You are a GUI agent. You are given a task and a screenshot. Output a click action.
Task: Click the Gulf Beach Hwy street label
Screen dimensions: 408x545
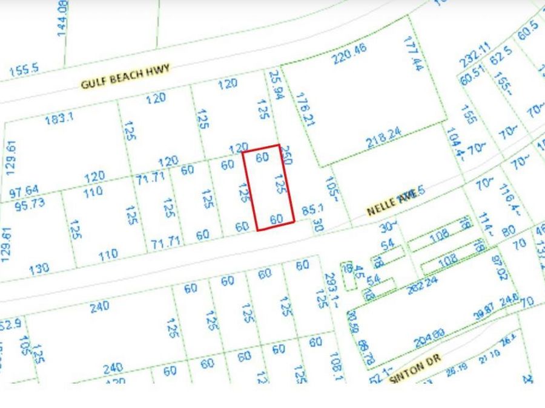pos(125,76)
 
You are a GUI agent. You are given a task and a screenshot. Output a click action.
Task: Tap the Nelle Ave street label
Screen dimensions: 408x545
pos(392,203)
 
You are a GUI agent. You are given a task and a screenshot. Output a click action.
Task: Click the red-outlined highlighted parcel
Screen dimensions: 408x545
pos(269,187)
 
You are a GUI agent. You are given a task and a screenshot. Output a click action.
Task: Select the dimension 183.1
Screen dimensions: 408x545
pos(59,118)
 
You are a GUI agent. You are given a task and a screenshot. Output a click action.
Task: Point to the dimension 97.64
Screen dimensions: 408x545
pos(24,193)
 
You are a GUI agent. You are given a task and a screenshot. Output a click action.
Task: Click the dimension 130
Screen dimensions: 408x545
pos(39,268)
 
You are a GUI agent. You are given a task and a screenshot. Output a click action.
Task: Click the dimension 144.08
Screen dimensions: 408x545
pos(62,19)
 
